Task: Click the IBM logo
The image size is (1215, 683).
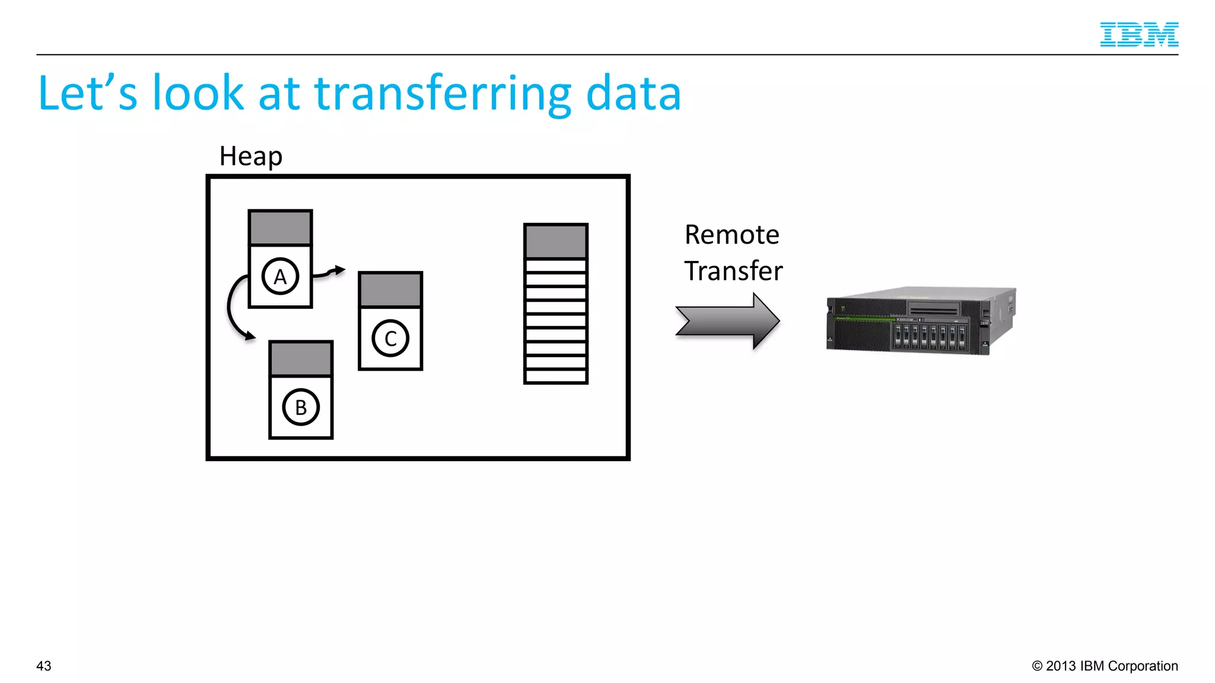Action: point(1138,34)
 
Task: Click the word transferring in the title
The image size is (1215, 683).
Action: point(442,93)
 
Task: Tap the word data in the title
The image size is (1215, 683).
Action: point(633,93)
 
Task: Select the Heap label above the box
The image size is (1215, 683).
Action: point(250,157)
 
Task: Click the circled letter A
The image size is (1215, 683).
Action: point(280,276)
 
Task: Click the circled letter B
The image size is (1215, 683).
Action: point(301,407)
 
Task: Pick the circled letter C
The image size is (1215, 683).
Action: point(390,339)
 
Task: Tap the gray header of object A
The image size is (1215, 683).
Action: point(280,228)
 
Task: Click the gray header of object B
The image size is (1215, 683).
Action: point(301,359)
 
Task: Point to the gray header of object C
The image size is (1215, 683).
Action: point(390,290)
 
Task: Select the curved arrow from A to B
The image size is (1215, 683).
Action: point(232,308)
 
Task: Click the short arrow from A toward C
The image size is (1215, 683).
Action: point(329,272)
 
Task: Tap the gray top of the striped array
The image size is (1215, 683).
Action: point(556,241)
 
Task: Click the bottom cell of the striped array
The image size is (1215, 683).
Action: point(556,376)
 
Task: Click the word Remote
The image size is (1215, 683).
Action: point(731,235)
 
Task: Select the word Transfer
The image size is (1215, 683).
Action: point(733,271)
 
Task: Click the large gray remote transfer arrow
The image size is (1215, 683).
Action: point(727,321)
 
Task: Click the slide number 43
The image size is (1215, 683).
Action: point(44,666)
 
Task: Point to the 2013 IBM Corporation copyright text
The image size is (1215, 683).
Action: point(1105,666)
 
